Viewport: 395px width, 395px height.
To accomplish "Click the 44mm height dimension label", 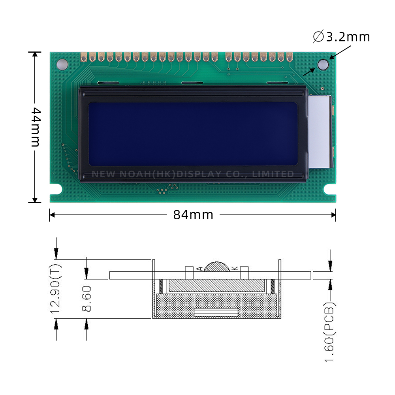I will tap(35, 126).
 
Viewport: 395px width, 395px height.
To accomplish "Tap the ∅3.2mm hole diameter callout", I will tap(342, 37).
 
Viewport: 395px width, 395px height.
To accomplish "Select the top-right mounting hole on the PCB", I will tap(323, 64).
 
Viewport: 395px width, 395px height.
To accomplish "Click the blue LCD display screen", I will tap(193, 134).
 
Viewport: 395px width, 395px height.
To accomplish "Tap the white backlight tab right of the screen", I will tap(320, 132).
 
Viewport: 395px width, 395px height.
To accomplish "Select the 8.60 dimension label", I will tap(87, 299).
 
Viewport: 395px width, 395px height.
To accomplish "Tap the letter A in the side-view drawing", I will tap(199, 269).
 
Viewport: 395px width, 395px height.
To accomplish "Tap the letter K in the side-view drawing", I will tap(234, 269).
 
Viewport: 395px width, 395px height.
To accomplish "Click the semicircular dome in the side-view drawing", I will tap(216, 267).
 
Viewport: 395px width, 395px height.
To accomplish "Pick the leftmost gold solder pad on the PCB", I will tap(84, 57).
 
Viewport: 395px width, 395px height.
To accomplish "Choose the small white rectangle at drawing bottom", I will tap(216, 312).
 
